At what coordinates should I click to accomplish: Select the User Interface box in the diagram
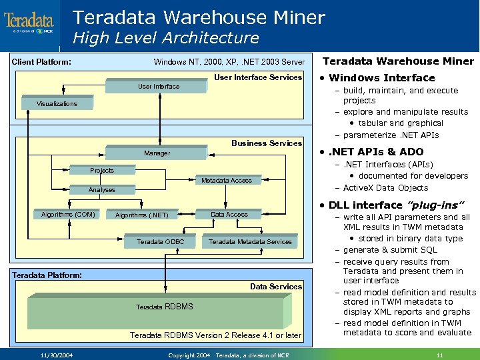[x=159, y=87]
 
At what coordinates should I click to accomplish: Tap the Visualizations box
[x=57, y=104]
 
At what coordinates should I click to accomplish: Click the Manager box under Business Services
[x=157, y=153]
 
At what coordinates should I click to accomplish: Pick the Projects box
[x=102, y=171]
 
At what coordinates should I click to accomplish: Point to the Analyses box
[x=102, y=190]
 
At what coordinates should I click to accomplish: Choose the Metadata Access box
[x=227, y=181]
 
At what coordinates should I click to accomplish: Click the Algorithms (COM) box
[x=68, y=215]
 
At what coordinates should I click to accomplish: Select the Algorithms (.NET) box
[x=142, y=215]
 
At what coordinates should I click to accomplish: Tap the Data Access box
[x=229, y=215]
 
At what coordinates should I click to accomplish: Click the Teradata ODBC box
[x=161, y=241]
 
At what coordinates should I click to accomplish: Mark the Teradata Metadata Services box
[x=251, y=241]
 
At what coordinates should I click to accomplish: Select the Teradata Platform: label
[x=47, y=275]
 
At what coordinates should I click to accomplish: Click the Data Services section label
[x=276, y=287]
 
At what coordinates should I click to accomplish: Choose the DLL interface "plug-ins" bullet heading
[x=390, y=205]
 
